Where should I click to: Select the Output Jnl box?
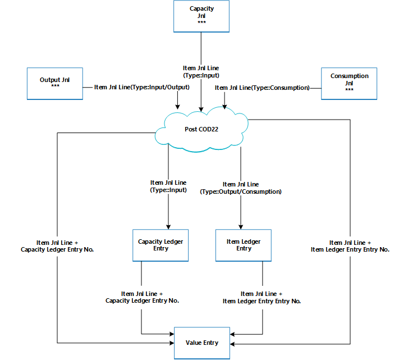coord(54,84)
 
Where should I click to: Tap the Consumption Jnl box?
coord(349,84)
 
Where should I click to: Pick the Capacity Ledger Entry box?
coord(161,245)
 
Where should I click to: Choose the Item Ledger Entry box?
coord(244,245)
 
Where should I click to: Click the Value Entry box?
coord(202,343)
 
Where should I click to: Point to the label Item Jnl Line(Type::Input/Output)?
coord(142,88)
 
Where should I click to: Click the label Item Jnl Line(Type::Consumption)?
coord(262,88)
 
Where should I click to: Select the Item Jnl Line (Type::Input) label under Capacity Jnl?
coord(201,71)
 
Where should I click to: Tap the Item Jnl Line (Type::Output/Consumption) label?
coord(241,188)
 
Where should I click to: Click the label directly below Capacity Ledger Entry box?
coord(142,297)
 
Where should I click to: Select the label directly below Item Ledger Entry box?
coord(262,297)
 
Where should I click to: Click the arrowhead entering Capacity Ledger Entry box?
coord(168,226)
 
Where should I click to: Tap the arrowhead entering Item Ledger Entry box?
coord(241,226)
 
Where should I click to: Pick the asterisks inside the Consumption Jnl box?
coord(349,90)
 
